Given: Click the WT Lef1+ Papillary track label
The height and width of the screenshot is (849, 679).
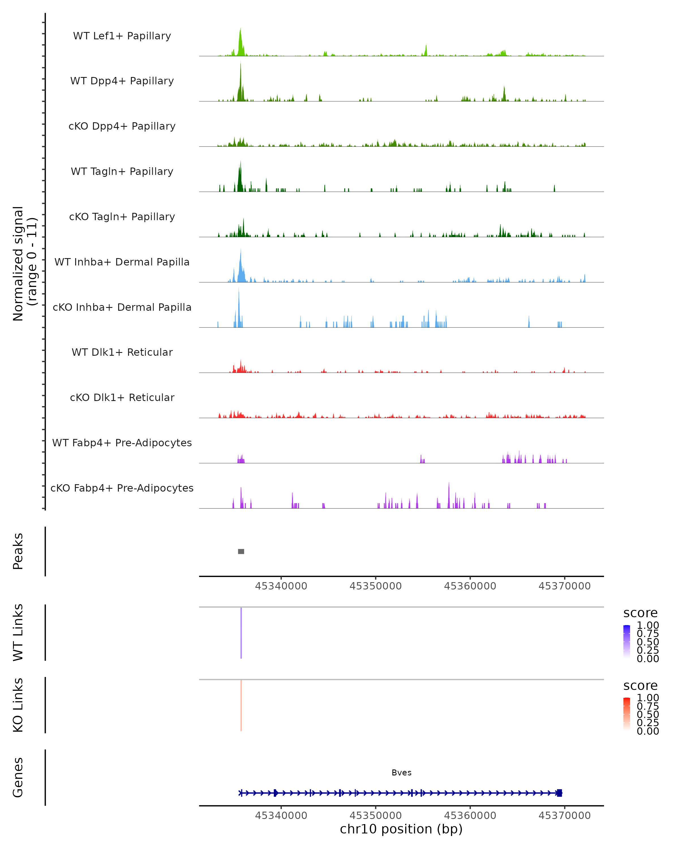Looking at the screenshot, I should (x=122, y=36).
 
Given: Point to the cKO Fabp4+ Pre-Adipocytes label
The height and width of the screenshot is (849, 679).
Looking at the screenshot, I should (x=122, y=488).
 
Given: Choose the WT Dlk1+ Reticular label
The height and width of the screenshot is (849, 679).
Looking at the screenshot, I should (x=122, y=352).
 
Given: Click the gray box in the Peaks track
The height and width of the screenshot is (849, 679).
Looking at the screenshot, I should (x=241, y=551).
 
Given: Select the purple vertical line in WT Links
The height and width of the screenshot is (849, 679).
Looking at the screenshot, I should (x=241, y=633).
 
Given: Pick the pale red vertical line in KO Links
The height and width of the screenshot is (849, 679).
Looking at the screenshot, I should (x=241, y=705).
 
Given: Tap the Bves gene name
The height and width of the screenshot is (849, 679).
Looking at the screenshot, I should (x=401, y=773).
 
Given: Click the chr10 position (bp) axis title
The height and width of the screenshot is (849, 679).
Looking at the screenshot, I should (x=401, y=829).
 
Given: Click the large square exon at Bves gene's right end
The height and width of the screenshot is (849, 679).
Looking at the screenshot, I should (x=559, y=793).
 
